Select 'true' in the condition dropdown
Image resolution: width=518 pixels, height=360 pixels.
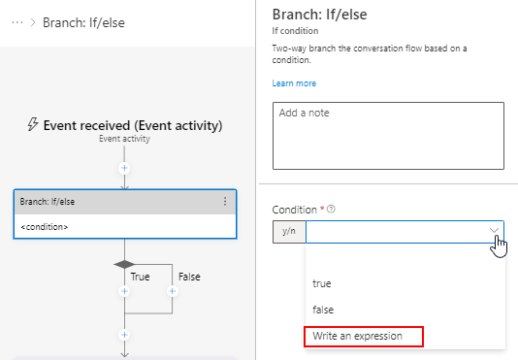click(x=321, y=283)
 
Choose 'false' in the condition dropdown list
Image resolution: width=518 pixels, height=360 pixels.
click(x=322, y=310)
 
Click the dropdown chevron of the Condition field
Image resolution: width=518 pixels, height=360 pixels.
click(x=495, y=232)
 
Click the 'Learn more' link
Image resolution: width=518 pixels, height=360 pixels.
click(x=293, y=83)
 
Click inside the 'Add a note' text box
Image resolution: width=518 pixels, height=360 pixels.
click(x=388, y=135)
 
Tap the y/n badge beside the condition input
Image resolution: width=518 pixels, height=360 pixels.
click(x=289, y=232)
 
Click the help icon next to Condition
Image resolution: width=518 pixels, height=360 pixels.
click(x=333, y=210)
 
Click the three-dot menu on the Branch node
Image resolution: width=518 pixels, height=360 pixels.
click(x=225, y=202)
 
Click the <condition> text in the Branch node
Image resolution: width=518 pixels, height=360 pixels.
click(x=45, y=227)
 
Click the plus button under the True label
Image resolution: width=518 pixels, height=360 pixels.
click(x=124, y=291)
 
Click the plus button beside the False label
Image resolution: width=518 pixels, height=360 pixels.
click(x=172, y=291)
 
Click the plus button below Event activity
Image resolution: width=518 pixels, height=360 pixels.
click(x=124, y=168)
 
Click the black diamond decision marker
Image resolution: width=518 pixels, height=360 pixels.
click(x=124, y=264)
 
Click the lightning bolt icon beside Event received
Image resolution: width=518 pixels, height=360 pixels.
click(x=32, y=124)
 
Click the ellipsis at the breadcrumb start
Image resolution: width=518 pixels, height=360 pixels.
click(x=16, y=22)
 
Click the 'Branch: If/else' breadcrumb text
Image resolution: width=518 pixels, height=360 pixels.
click(x=84, y=22)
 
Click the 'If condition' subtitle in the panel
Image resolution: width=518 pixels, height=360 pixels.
click(x=296, y=31)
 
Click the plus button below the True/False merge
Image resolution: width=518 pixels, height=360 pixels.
click(x=124, y=335)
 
